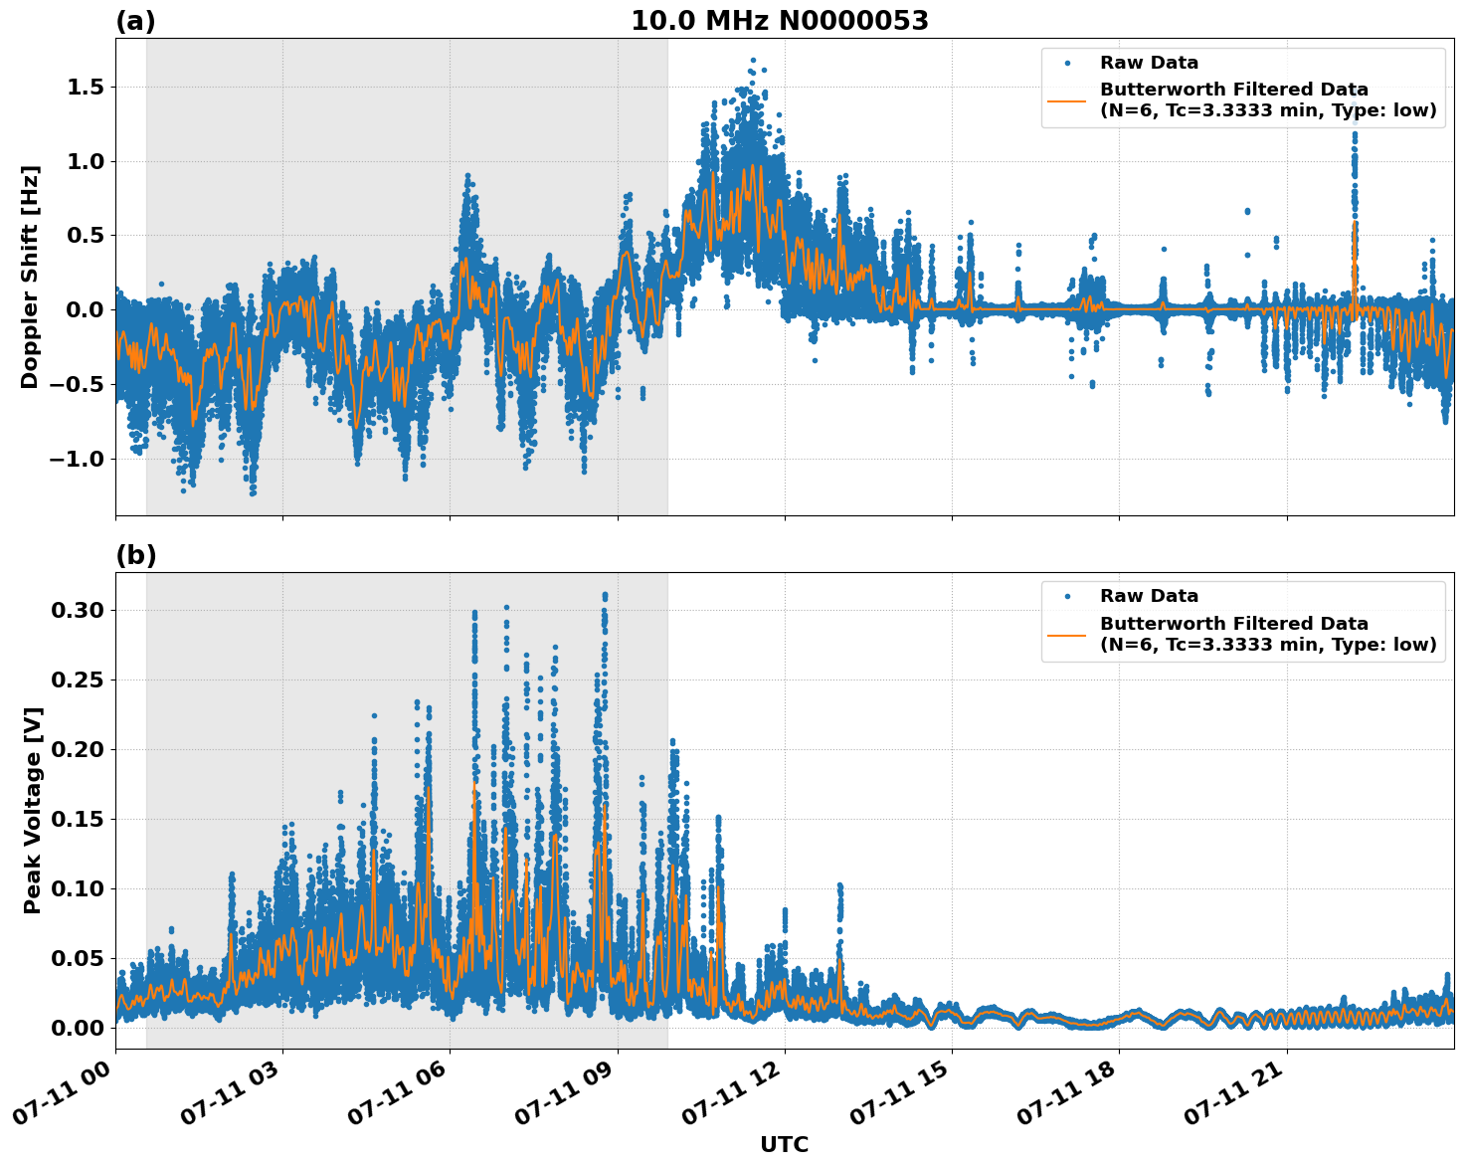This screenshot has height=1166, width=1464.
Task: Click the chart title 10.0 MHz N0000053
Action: coord(779,21)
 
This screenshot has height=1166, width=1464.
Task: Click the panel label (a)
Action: coord(135,21)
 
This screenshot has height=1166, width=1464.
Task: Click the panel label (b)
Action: coord(135,555)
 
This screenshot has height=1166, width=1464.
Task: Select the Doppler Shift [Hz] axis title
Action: coord(30,277)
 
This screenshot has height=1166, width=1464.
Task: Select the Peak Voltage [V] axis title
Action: coord(33,810)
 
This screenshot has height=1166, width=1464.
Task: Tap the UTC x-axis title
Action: coord(784,1144)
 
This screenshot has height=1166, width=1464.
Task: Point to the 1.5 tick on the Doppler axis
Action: coord(85,88)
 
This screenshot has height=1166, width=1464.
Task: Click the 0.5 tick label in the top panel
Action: coord(85,236)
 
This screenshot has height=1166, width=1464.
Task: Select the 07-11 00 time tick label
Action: coord(65,1094)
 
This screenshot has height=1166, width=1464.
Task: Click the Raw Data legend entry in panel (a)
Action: coord(1149,63)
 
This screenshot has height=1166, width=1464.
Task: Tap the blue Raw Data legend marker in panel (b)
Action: coord(1067,596)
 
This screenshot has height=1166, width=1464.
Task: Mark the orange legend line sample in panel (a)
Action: coord(1067,100)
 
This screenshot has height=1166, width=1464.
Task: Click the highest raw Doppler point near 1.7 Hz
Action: coord(753,61)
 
